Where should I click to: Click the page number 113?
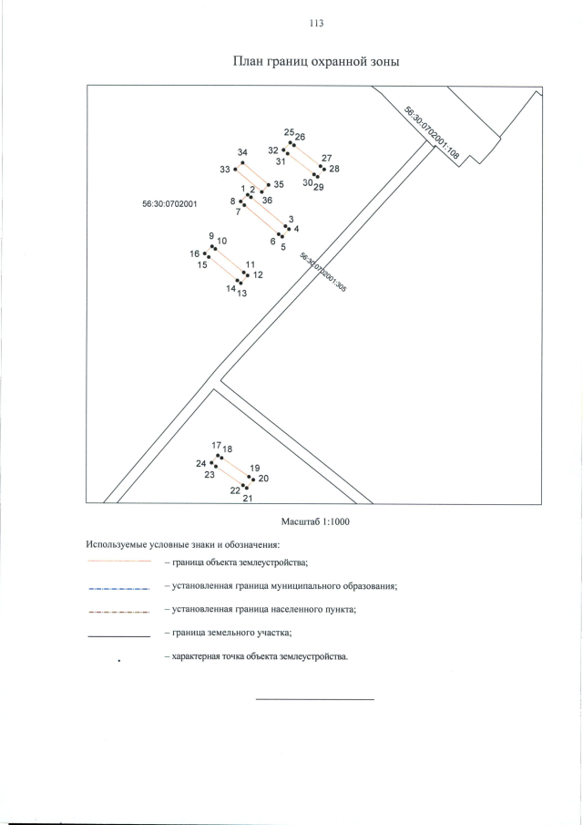[316, 23]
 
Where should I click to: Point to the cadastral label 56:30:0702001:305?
[322, 272]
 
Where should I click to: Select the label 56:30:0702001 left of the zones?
[170, 205]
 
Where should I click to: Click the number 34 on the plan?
[242, 152]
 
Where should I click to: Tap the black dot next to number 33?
[236, 169]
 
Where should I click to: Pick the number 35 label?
[279, 184]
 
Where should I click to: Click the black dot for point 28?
[322, 168]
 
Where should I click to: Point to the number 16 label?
[194, 253]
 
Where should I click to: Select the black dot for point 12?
[245, 273]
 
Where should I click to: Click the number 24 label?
[201, 463]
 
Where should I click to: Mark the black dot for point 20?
[251, 477]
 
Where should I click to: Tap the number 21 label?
[247, 499]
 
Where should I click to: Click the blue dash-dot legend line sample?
[118, 590]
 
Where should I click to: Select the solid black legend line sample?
[118, 635]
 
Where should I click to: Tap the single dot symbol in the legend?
[120, 659]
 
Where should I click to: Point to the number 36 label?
[267, 200]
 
